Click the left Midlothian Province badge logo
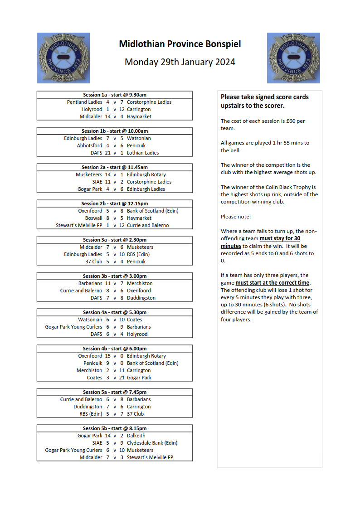63,58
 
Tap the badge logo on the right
293,58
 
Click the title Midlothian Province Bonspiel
180,44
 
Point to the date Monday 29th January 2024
180,62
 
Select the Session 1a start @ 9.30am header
115,95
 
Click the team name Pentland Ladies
85,102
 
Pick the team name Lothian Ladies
143,153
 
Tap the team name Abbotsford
90,145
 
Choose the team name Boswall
94,218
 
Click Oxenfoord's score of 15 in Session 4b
108,356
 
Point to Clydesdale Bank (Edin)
152,443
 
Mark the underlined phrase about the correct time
272,283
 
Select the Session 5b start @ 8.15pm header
115,428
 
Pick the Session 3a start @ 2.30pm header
115,240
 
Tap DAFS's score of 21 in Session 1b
108,153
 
